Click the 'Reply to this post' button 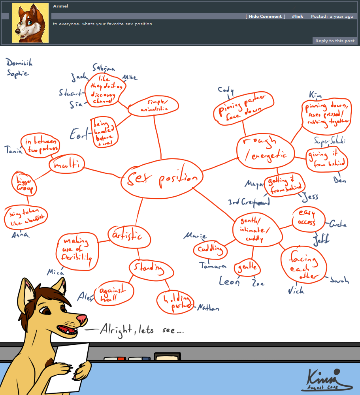tap(335, 41)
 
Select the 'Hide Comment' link tap(265, 17)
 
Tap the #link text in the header tap(298, 17)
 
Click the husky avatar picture tap(30, 23)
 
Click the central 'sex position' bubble tap(162, 180)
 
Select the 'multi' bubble tap(67, 164)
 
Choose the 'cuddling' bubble tap(210, 250)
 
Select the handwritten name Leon tap(229, 281)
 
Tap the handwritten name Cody tap(226, 90)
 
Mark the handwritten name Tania tap(12, 149)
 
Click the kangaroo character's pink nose tap(82, 319)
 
